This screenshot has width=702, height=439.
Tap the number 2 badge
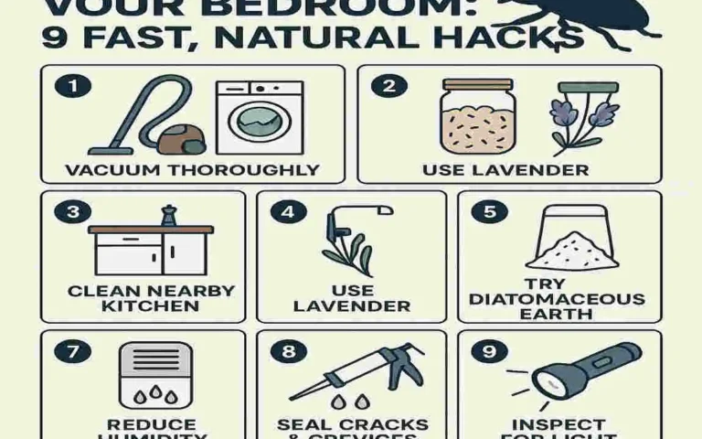click(388, 87)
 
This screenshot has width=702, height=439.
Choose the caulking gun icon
click(356, 373)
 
